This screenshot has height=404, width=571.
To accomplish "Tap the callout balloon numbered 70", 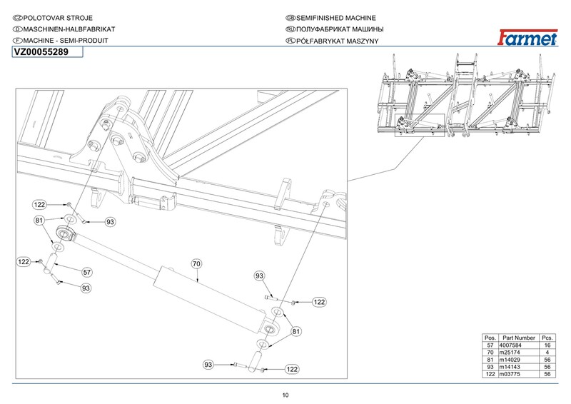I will pos(197,263).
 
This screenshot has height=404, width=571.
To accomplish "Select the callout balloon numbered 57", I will pos(87,272).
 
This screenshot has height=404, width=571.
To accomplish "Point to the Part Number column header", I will pos(518,336).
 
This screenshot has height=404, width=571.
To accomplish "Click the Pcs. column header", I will pos(548,336).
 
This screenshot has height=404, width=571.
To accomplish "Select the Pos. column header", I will pos(490,336).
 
